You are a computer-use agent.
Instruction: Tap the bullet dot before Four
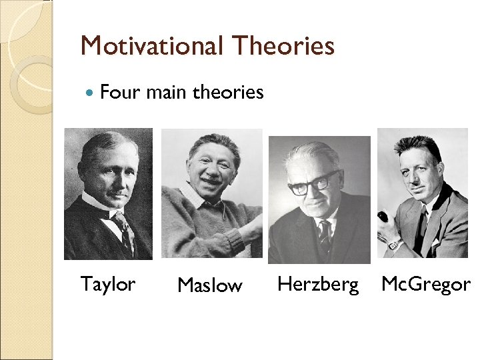[x=91, y=93]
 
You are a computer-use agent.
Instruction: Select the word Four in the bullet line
[x=121, y=92]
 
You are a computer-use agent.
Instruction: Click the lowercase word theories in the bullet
[x=228, y=92]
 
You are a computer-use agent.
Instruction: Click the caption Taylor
[x=107, y=284]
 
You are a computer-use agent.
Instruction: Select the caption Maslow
[x=209, y=285]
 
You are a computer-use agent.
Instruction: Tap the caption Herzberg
[x=318, y=284]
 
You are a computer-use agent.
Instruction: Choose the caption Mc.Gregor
[x=425, y=284]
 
